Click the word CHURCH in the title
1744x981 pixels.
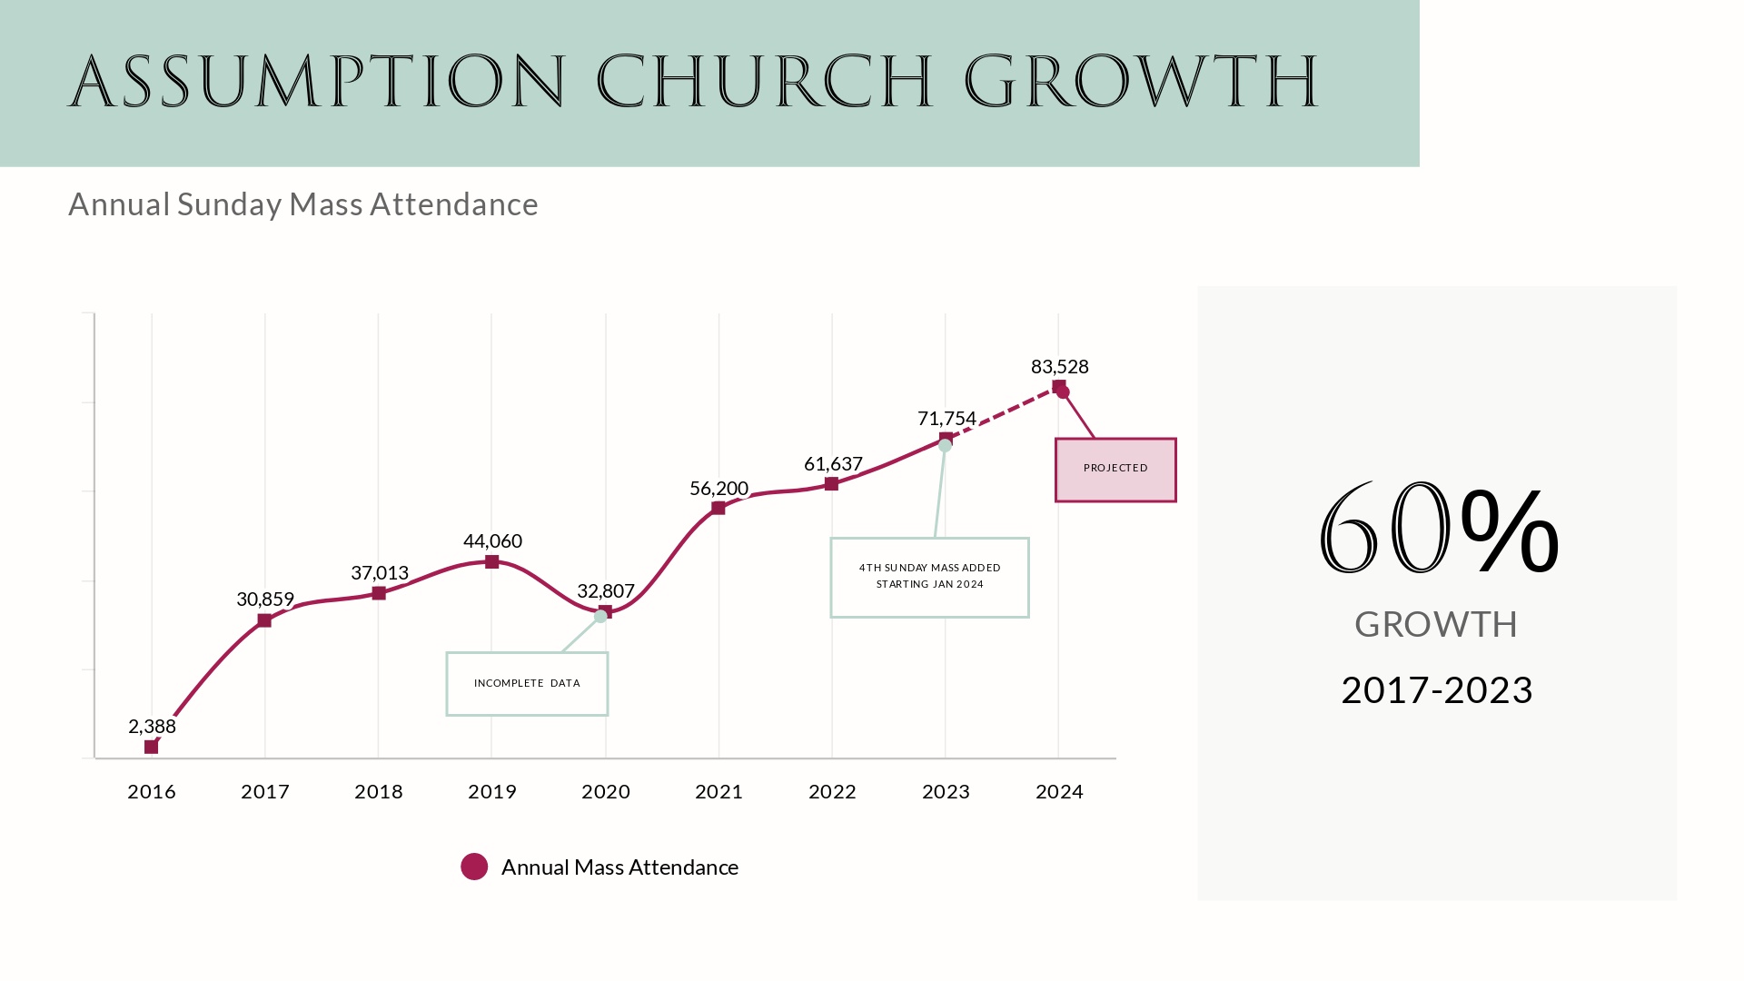[x=765, y=82]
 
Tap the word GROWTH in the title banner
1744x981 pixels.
[x=1141, y=82]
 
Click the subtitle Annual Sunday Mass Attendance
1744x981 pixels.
[x=303, y=204]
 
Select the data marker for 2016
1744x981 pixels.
[x=152, y=747]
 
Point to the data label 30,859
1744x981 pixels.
[x=265, y=599]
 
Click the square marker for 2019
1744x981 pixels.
[x=491, y=562]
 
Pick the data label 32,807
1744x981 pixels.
[x=606, y=591]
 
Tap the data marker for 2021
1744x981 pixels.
[x=718, y=508]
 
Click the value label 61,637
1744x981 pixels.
[x=833, y=464]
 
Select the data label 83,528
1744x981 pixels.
[x=1059, y=367]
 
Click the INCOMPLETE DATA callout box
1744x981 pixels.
[x=527, y=683]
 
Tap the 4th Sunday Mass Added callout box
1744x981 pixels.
[x=929, y=577]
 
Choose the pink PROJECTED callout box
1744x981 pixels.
[x=1115, y=470]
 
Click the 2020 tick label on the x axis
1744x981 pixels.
[x=606, y=792]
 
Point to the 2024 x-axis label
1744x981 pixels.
[x=1059, y=792]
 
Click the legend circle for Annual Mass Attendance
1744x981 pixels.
[x=474, y=867]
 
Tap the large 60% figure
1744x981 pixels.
[x=1438, y=529]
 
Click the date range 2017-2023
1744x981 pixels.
[x=1436, y=690]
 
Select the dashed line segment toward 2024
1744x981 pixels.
[x=1004, y=412]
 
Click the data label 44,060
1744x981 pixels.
[x=492, y=541]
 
